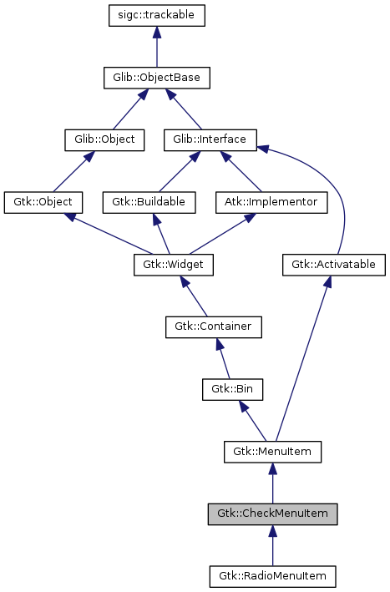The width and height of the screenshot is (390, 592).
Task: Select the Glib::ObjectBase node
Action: (x=156, y=78)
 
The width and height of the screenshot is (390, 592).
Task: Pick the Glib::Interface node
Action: (x=210, y=139)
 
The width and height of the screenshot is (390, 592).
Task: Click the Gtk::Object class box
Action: (x=43, y=202)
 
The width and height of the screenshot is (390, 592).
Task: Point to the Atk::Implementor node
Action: (x=270, y=202)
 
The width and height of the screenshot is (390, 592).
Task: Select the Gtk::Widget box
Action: (x=175, y=266)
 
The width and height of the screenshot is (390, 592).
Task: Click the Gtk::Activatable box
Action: (x=333, y=266)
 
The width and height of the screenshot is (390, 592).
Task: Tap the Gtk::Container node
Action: (x=213, y=326)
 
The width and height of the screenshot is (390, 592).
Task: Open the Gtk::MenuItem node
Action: (x=272, y=453)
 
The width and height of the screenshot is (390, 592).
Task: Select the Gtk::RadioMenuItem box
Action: (x=272, y=576)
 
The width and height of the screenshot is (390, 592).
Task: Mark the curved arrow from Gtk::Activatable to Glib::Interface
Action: (x=334, y=192)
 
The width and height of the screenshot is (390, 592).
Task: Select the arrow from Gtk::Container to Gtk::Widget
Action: (x=195, y=296)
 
